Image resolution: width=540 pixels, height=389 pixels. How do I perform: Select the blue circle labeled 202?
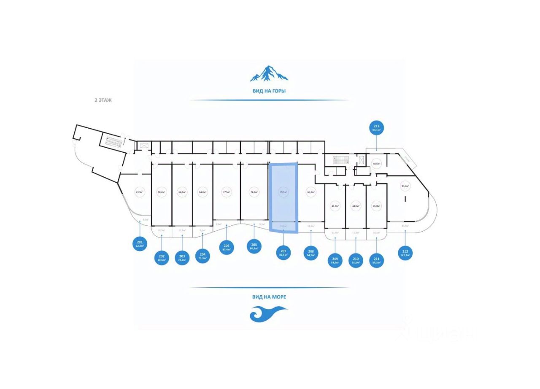point(162,257)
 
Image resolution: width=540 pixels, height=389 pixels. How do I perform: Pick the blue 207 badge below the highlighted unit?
point(283,253)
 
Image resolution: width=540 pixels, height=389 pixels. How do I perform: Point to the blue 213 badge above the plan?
point(377,128)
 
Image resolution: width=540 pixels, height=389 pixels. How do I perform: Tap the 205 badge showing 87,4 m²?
point(227,247)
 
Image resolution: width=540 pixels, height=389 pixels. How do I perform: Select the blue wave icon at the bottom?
point(268,314)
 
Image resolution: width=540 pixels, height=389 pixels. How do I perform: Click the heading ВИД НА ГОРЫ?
point(269,91)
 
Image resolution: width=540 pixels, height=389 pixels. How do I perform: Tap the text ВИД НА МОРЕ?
point(269,297)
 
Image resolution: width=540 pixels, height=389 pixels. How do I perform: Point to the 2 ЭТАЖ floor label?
point(103,100)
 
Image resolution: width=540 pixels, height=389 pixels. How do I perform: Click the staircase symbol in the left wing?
point(113,140)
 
